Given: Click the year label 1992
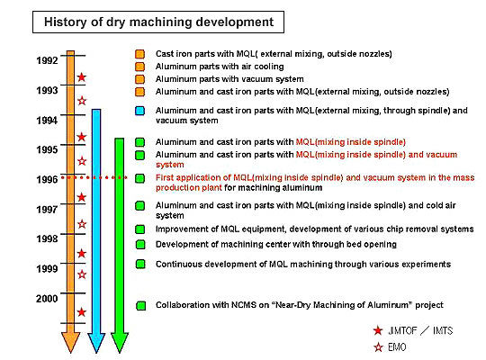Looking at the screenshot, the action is click(47, 60).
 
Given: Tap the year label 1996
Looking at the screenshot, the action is click(47, 179).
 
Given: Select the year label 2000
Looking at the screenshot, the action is click(47, 299).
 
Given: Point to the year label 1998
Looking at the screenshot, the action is click(47, 238).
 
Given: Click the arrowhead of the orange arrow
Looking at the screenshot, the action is click(71, 342).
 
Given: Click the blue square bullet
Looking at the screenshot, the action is click(140, 111).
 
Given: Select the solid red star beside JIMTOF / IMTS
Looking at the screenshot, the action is click(378, 330).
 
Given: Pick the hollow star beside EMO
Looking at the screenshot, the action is click(378, 347).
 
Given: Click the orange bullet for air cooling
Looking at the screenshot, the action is click(140, 67).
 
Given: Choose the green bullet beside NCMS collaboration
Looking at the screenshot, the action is click(141, 306).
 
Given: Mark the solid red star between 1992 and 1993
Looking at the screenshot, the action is click(82, 76).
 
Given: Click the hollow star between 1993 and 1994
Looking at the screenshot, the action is click(82, 101).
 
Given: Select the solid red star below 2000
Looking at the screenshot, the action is click(82, 312).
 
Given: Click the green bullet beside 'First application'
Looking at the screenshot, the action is click(140, 178).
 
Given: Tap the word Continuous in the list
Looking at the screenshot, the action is click(179, 265).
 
